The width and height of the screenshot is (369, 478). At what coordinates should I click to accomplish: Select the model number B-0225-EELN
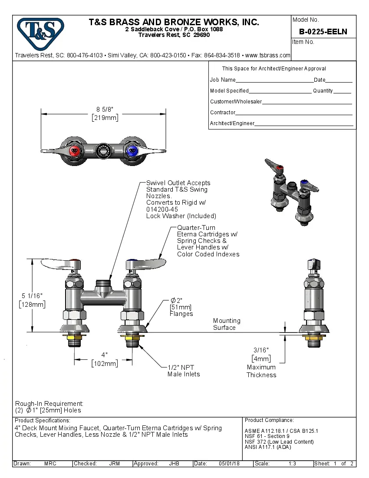pos(323,32)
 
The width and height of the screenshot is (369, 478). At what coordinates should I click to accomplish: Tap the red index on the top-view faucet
pos(75,151)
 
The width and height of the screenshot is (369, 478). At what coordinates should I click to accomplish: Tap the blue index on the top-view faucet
pos(132,151)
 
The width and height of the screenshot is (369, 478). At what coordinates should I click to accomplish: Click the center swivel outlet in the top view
pos(103,151)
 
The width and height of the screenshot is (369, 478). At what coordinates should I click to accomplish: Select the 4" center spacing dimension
pos(104,359)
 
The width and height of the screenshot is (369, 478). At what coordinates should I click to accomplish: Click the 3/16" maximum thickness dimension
pos(261,354)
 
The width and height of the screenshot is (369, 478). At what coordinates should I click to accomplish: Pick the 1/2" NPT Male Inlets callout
pos(184,370)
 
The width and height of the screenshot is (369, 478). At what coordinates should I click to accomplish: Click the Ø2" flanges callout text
pos(181,307)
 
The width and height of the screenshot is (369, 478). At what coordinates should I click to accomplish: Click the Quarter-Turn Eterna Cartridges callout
pos(208,241)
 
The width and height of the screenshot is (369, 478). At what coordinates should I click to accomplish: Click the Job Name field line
pos(274,80)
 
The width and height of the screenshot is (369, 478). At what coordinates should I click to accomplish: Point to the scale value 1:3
pos(292,464)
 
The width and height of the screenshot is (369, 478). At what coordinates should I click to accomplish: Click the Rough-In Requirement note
pos(49,407)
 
